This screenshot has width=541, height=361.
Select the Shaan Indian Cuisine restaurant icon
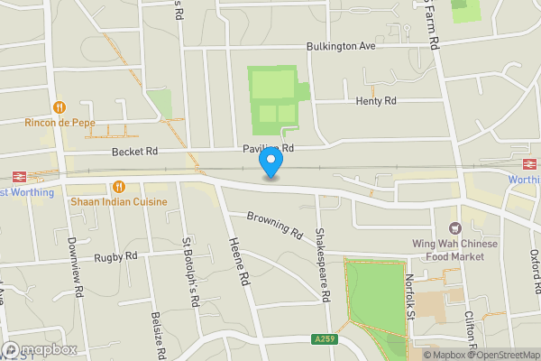click(118, 186)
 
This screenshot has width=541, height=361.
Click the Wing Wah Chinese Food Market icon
click(454, 229)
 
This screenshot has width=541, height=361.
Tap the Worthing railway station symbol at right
click(529, 163)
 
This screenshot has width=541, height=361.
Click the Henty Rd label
click(376, 101)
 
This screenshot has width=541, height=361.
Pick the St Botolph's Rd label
click(189, 273)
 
